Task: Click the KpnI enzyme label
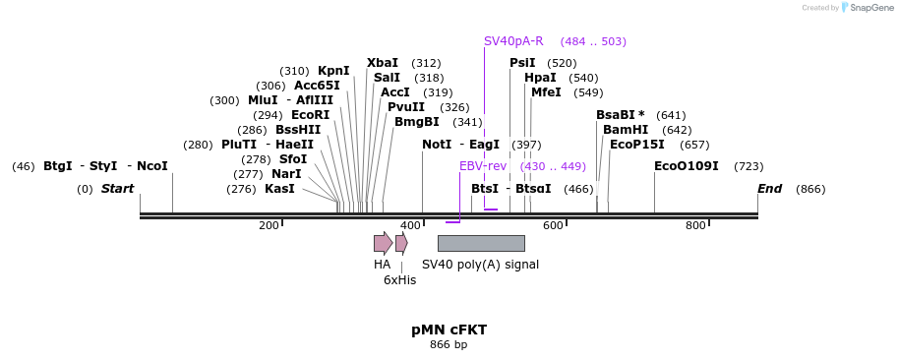[x=333, y=71]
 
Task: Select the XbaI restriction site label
[x=383, y=63]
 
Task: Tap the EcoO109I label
[x=687, y=166]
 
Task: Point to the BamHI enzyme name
[x=626, y=130]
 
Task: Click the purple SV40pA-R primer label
[x=513, y=41]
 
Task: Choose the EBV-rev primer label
[x=483, y=166]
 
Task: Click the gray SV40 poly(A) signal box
[x=481, y=243]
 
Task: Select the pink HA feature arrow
[x=383, y=243]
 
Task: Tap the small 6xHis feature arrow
[x=401, y=243]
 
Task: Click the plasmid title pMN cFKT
[x=449, y=330]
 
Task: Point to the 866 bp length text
[x=449, y=345]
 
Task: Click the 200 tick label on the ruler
[x=269, y=226]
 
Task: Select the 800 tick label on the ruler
[x=695, y=226]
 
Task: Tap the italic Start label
[x=117, y=189]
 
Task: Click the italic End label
[x=769, y=189]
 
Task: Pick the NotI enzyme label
[x=437, y=145]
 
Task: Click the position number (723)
[x=748, y=166]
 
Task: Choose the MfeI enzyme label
[x=546, y=92]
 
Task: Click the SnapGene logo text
[x=869, y=7]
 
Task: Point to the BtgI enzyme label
[x=57, y=166]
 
